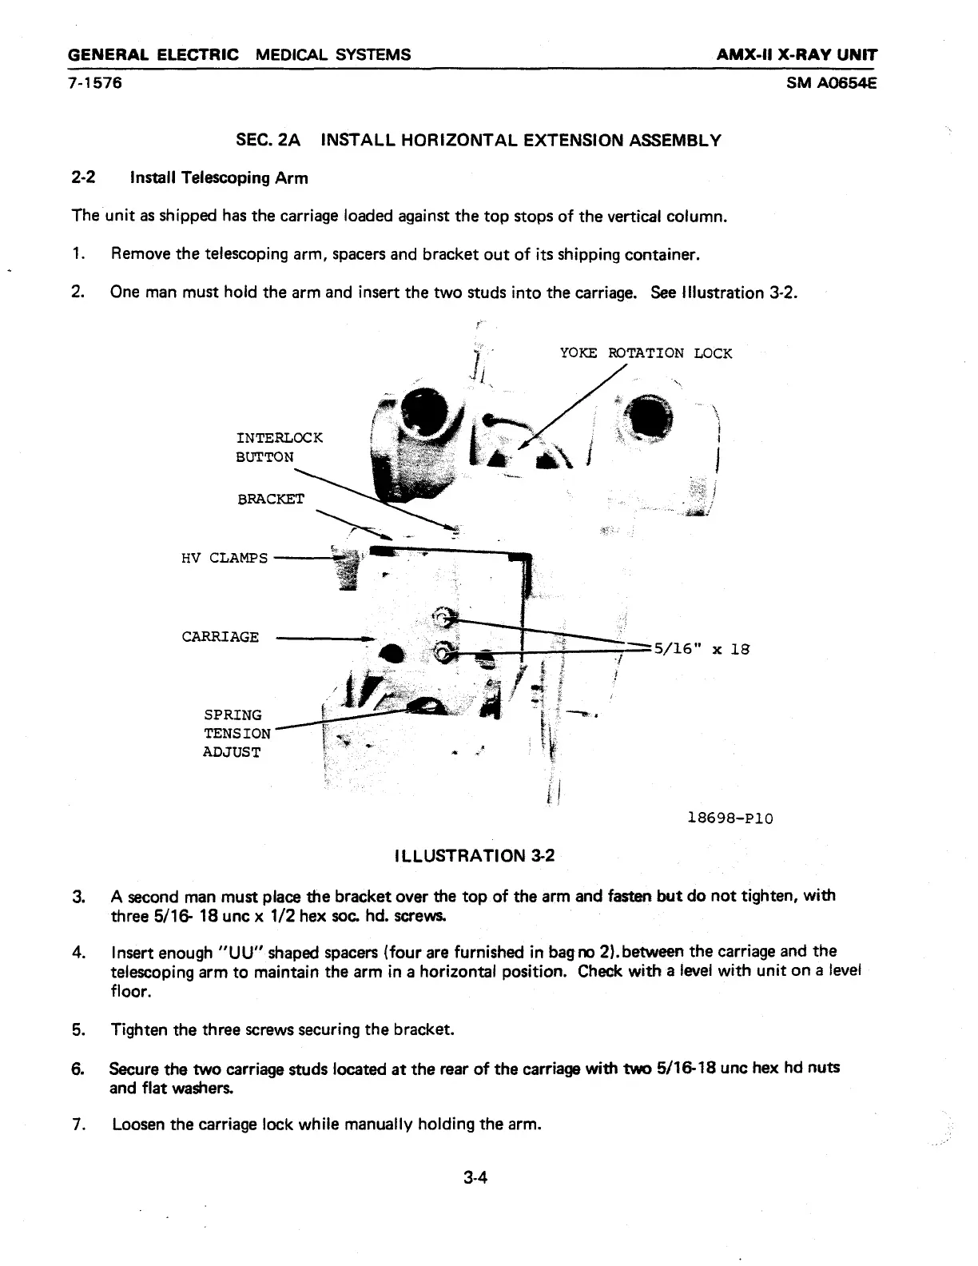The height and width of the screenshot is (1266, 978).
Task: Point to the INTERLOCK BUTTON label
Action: pos(279,448)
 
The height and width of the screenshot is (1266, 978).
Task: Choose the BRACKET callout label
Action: pos(271,499)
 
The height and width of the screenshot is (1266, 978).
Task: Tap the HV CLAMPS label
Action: pos(225,558)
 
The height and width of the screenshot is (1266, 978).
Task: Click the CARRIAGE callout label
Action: pos(221,637)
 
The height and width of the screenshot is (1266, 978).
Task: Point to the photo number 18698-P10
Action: pos(730,818)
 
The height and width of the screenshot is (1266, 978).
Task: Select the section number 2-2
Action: pos(83,177)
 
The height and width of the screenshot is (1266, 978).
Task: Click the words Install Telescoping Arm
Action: pos(219,177)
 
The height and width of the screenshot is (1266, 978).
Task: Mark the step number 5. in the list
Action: pos(78,1029)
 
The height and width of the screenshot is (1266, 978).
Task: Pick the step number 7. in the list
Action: pos(78,1125)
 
